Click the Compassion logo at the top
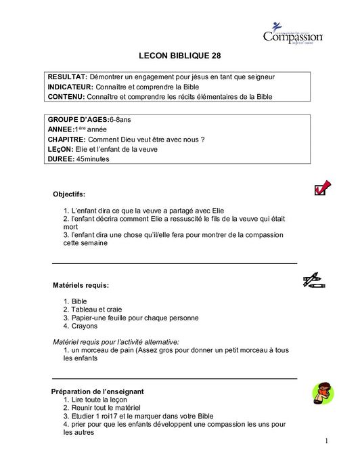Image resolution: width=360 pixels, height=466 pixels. click(x=292, y=34)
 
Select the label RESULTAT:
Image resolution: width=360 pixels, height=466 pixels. click(x=68, y=77)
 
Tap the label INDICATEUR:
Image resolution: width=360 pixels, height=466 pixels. click(x=72, y=87)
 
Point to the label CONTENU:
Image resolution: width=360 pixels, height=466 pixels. click(x=68, y=97)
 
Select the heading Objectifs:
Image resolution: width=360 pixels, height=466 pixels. click(x=70, y=194)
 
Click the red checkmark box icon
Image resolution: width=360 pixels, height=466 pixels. click(x=322, y=188)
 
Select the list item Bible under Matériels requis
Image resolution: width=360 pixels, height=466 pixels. click(x=79, y=299)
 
